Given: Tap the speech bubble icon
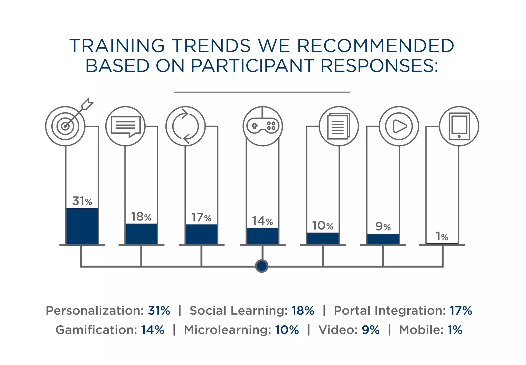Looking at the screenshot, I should coord(126,126).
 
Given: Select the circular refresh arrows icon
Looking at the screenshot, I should coord(185,126).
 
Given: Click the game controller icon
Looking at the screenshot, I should coord(262,126).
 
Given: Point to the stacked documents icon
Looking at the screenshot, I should coord(339,126).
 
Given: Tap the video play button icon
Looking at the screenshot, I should coord(399,126).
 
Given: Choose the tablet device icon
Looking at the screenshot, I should coord(459,126).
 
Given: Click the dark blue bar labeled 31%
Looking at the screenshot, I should coord(82,226).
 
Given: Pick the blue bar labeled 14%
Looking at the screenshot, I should coord(262,236).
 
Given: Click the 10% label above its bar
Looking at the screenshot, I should coord(323,226).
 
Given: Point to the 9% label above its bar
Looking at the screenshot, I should coord(383,226).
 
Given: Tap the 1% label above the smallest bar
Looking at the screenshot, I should coord(442,236).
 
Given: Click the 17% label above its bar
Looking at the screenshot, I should coord(201,218).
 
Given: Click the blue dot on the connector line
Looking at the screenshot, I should coord(262,266).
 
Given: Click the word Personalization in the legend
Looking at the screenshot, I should coord(95,310).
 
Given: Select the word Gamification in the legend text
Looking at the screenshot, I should coord(96,330).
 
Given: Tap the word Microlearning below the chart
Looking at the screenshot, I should coord(227,330).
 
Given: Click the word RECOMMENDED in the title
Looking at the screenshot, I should coord(375,46).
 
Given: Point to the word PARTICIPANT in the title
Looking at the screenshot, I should coord(252,66).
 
